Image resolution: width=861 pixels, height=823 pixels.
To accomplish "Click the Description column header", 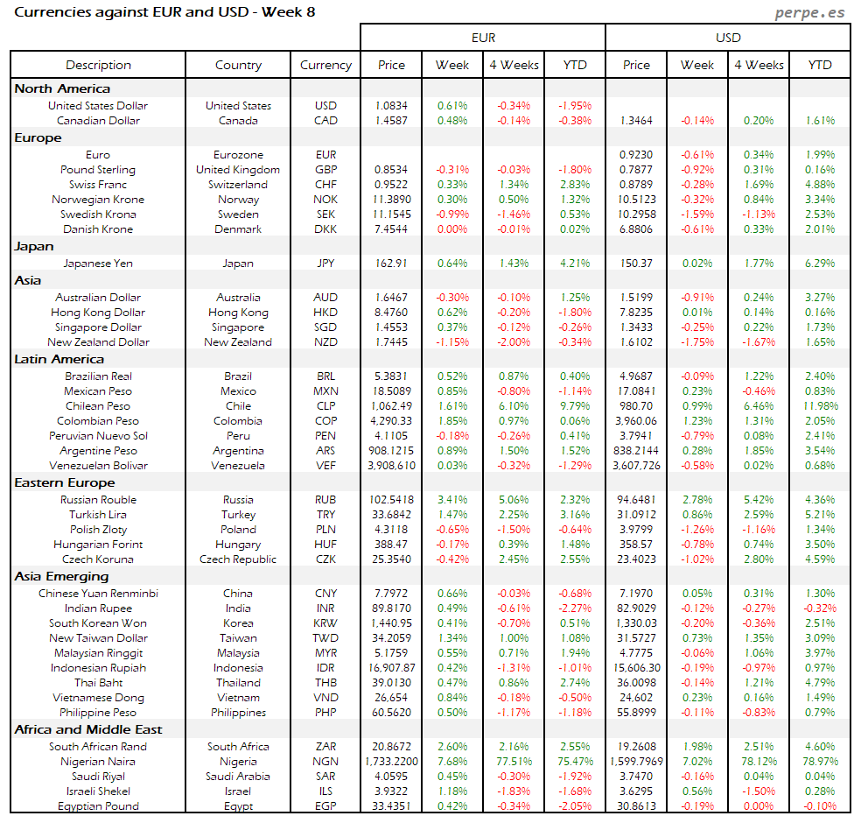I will point(98,65).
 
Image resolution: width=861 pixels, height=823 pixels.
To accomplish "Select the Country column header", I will point(238,65).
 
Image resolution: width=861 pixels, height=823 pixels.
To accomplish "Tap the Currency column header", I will point(325,65).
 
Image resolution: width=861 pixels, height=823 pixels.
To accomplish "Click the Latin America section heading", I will point(59,359).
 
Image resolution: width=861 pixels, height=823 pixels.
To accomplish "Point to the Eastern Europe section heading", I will point(64,482).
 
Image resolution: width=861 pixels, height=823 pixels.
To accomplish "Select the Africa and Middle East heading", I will point(88,729).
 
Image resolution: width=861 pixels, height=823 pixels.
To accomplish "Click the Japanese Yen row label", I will point(98,263).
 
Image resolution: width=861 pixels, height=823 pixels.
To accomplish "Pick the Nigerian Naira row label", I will point(98,762).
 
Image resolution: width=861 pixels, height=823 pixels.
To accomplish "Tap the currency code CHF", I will point(325,185).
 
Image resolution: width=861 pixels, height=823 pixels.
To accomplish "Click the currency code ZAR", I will point(325,747).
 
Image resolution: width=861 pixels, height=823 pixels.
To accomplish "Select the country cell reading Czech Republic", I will point(238,559).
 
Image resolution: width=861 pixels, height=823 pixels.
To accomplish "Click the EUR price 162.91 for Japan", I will point(391,263).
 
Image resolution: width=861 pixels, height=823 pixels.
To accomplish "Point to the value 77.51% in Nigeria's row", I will point(514,762).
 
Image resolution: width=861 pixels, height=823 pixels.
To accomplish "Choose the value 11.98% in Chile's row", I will point(820,406).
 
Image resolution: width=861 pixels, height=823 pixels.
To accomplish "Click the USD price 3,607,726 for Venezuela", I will point(636,466).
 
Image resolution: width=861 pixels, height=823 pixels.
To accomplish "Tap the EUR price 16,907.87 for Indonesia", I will point(391,668).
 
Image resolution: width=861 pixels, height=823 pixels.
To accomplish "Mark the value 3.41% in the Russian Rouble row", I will point(452,500).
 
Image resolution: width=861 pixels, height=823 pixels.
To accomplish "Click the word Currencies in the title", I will point(51,12).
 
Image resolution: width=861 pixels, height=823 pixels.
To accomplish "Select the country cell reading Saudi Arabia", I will point(238,777).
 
